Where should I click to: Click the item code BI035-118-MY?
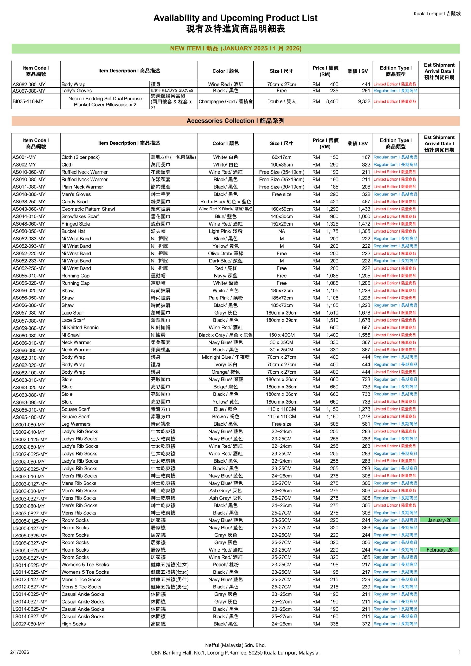coord(28,101)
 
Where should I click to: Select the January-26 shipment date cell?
coord(439,520)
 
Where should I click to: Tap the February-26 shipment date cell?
coord(439,550)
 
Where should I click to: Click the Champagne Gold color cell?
coord(226,101)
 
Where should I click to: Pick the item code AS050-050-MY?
coord(29,231)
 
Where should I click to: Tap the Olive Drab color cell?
coord(226,253)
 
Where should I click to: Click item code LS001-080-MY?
coord(28,424)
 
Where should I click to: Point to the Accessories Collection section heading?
coord(235,121)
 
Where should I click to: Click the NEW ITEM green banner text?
coord(235,48)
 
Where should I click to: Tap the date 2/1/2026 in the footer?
coord(20,652)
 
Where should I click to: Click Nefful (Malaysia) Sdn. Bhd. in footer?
coord(235,645)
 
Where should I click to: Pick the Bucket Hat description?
coord(73,231)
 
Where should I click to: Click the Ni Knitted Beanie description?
coord(80,328)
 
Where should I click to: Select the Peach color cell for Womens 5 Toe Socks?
coord(226,565)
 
